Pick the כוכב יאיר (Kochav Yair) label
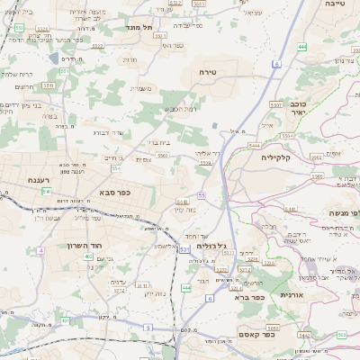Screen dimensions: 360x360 coord(294,108)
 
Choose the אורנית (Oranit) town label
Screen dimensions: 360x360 coord(295,294)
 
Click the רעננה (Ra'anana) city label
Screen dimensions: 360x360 coord(33,180)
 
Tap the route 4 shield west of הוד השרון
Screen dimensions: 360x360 coord(41,250)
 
